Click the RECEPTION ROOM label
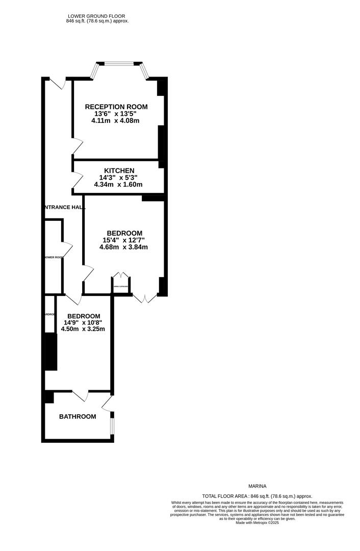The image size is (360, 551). [116, 107]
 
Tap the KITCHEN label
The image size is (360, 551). [119, 170]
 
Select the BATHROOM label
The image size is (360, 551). [78, 417]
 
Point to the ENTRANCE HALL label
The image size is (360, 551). [62, 207]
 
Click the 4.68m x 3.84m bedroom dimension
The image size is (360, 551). [123, 247]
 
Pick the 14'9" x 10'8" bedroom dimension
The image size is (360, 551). [83, 322]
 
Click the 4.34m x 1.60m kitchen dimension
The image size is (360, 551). [118, 185]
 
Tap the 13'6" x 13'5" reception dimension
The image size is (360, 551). [115, 114]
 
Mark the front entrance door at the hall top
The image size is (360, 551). [59, 82]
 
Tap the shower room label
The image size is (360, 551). [54, 257]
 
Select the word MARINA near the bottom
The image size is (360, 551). [258, 486]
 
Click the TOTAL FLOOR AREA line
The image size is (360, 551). [257, 496]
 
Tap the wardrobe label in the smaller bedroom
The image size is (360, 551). [49, 314]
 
